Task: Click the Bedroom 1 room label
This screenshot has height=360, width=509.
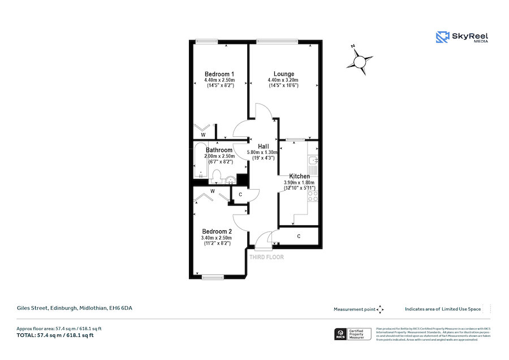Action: click(x=219, y=74)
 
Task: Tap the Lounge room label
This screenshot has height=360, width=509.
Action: click(x=283, y=74)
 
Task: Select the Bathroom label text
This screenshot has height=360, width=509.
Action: click(x=219, y=150)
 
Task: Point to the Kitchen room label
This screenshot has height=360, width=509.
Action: click(x=299, y=177)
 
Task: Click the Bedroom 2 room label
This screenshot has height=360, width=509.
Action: click(x=217, y=232)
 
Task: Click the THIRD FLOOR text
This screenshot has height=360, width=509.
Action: click(x=267, y=257)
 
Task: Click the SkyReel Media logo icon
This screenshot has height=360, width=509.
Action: click(x=442, y=37)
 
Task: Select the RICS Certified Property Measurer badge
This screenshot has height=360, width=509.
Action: click(x=353, y=334)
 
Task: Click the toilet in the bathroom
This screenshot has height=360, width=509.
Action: click(x=217, y=178)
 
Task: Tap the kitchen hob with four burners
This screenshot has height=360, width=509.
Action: click(x=312, y=196)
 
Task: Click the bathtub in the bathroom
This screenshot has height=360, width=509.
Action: click(x=200, y=161)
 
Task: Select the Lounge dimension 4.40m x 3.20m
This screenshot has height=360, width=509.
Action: click(x=283, y=80)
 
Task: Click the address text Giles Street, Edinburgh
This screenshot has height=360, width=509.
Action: click(x=74, y=308)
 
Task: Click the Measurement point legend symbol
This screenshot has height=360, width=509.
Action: click(x=380, y=309)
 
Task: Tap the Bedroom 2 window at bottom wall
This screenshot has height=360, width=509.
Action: click(x=213, y=277)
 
